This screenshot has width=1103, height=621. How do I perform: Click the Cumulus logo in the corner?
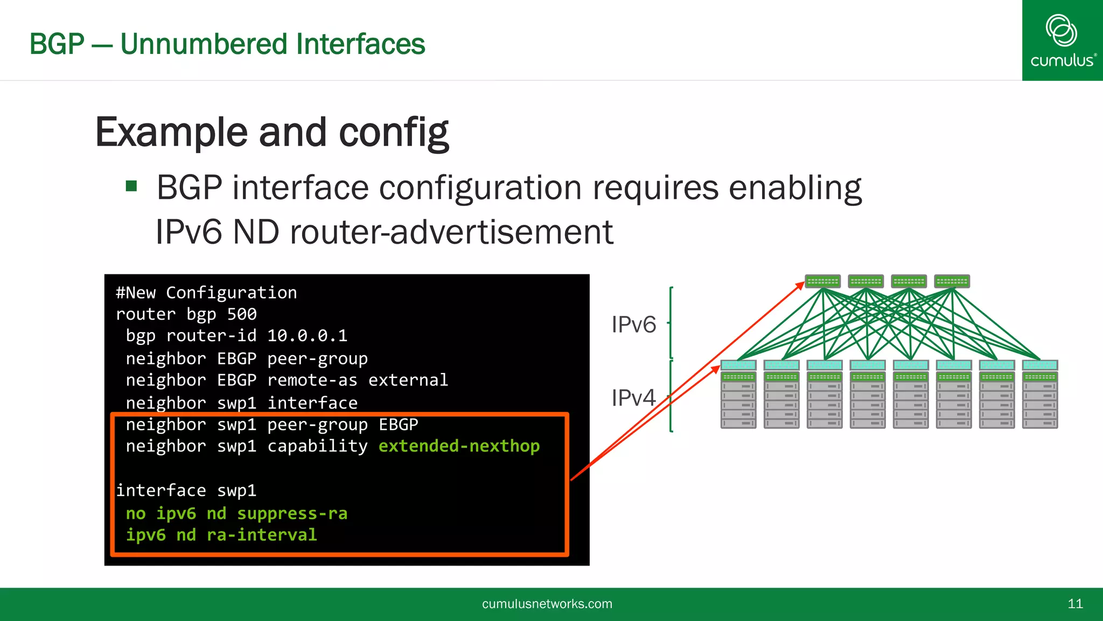(1062, 40)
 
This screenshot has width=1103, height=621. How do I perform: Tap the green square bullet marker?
(131, 187)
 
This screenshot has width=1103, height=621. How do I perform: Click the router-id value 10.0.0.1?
(307, 336)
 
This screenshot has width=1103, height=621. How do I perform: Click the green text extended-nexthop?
(459, 446)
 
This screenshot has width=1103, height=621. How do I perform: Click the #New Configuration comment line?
(206, 293)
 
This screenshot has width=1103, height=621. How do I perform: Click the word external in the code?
(408, 380)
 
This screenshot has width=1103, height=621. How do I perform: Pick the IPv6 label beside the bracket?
(633, 325)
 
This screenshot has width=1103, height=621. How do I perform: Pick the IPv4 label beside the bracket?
(633, 398)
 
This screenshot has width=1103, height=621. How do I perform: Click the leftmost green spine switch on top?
(822, 281)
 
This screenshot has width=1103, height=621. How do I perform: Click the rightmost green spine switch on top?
(952, 281)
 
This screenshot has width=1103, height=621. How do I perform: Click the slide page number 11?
(1075, 604)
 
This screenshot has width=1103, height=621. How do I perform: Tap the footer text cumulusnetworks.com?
(547, 604)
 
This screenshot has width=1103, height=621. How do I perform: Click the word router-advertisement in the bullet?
(451, 232)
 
